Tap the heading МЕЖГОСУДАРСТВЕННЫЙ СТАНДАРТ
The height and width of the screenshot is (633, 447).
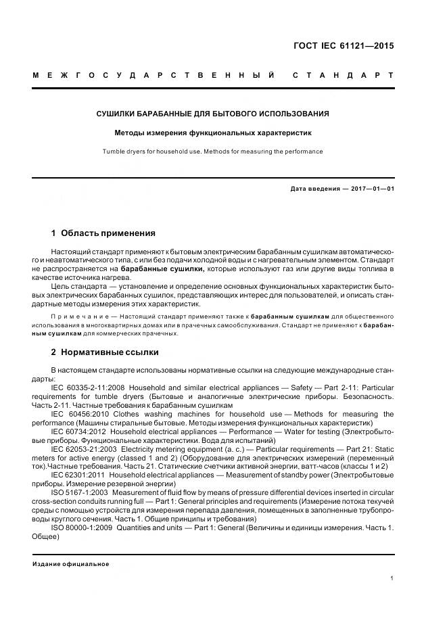tap(213, 74)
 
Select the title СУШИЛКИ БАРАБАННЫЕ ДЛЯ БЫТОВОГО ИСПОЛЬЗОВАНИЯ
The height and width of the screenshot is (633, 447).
tap(213, 114)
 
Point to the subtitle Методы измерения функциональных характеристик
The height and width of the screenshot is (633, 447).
tap(213, 133)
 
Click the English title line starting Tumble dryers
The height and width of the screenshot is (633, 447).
tap(213, 151)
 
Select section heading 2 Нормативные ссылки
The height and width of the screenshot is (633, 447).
tap(105, 352)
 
